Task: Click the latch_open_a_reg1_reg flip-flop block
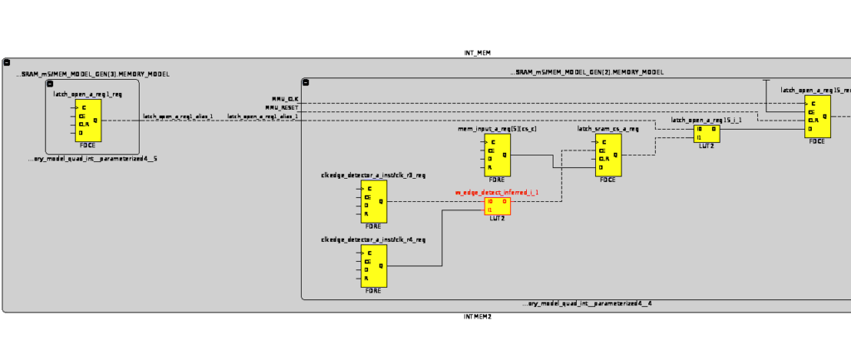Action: (x=86, y=120)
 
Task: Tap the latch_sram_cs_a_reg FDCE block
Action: (x=608, y=155)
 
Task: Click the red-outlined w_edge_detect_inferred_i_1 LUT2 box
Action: (x=498, y=205)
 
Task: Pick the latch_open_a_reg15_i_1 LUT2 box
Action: (x=706, y=133)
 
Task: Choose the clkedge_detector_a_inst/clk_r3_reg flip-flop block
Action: (x=374, y=201)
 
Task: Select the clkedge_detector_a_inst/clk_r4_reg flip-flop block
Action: (x=374, y=265)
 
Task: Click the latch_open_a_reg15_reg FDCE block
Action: (x=817, y=117)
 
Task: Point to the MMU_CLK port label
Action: (x=285, y=99)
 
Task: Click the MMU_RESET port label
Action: (x=282, y=108)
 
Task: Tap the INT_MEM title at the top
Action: (x=477, y=52)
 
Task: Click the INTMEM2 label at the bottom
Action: (x=477, y=317)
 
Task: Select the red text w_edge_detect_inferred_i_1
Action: (x=496, y=192)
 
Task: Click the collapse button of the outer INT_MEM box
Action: (x=7, y=62)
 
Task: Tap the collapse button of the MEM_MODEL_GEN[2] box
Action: (x=306, y=82)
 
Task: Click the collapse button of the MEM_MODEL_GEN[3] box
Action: (x=49, y=85)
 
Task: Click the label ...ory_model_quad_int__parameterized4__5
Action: (x=92, y=158)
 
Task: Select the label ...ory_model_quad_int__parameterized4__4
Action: (x=587, y=303)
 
